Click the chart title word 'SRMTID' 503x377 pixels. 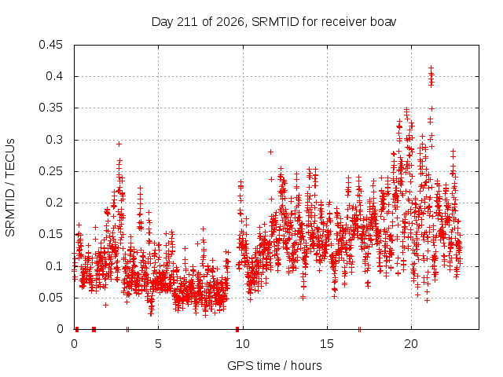tap(275, 22)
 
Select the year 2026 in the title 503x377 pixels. tap(230, 22)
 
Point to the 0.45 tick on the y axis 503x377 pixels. tap(50, 45)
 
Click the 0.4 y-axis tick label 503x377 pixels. tap(54, 76)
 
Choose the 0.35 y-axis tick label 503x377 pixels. tap(50, 108)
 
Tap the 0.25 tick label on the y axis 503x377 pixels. tap(50, 171)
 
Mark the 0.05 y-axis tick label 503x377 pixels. tap(50, 298)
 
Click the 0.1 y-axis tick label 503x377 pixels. tap(54, 266)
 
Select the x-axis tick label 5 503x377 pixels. tap(158, 344)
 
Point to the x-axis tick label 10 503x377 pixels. tap(243, 344)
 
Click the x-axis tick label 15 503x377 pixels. tap(327, 344)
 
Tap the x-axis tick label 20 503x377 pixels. tap(411, 344)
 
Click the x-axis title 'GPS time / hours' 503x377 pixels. tap(274, 365)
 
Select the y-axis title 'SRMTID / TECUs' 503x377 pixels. tap(10, 188)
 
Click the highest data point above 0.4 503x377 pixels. tap(431, 68)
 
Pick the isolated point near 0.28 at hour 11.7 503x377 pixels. tap(270, 152)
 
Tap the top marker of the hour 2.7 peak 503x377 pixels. tap(119, 145)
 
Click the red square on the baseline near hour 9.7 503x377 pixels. tap(237, 329)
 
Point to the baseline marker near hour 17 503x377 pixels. tap(360, 329)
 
